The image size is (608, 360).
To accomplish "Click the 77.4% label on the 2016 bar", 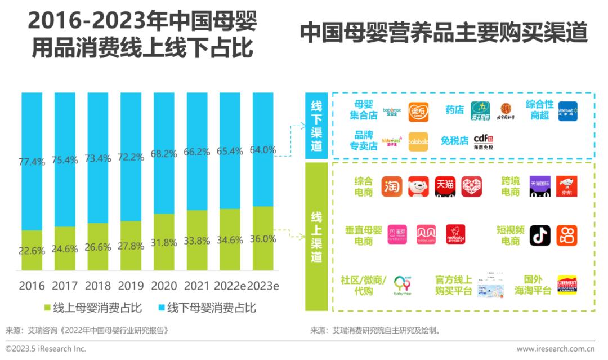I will [32, 162].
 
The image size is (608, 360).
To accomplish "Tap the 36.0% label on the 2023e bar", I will [262, 238].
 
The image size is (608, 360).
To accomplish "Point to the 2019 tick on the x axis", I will [131, 286].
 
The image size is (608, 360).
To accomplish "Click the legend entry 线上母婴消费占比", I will [93, 308].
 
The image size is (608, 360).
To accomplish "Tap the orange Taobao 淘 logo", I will [392, 186].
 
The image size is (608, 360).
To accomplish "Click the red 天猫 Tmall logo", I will [445, 186].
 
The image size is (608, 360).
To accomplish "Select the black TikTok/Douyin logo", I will [540, 235].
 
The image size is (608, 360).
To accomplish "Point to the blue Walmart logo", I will [567, 110].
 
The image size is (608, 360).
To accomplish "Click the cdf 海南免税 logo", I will [483, 141].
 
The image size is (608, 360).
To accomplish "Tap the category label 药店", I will [454, 110].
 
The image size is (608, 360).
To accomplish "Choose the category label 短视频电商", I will [511, 235].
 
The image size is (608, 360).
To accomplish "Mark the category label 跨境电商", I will [511, 186].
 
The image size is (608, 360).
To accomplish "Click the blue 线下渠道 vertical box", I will [316, 126].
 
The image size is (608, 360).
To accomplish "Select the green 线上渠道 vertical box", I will [316, 237].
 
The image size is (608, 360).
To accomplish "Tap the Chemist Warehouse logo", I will [567, 285].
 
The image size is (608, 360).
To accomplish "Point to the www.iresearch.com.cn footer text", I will [556, 349].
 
